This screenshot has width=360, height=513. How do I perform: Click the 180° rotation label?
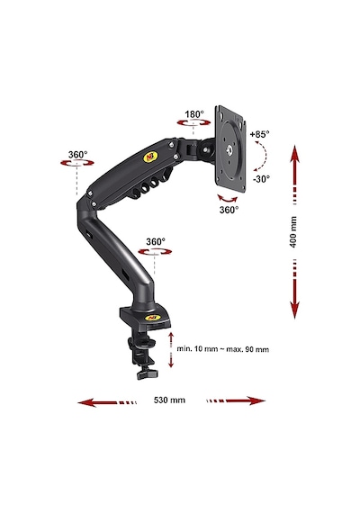click(194, 114)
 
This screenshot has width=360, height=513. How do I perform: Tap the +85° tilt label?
click(259, 134)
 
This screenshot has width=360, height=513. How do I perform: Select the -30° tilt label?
click(261, 179)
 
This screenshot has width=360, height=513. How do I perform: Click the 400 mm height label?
click(293, 231)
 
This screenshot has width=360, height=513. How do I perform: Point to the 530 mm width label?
click(169, 400)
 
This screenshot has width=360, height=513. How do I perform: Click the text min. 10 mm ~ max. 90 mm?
click(223, 349)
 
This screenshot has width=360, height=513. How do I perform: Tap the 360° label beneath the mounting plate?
click(229, 210)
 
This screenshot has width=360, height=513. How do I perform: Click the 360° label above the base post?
click(156, 242)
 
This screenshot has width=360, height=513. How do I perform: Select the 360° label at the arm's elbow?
click(77, 155)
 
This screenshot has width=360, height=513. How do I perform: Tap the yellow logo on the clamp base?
click(152, 318)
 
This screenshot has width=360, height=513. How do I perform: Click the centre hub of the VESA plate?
click(229, 149)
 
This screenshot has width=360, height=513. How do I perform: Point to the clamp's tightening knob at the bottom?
click(148, 373)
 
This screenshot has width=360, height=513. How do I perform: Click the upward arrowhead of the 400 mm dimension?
click(294, 153)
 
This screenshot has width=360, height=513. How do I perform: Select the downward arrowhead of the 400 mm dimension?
click(294, 310)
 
